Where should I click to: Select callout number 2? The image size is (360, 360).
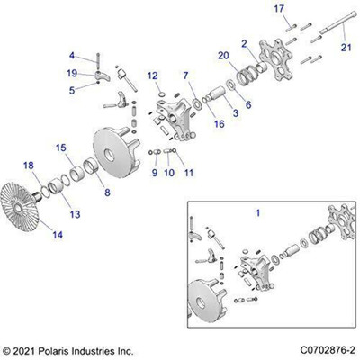pos(244,42)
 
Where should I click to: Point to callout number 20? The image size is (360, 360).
pos(221,56)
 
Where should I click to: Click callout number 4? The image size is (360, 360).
pos(97,55)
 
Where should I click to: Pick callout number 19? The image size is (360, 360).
pos(97,72)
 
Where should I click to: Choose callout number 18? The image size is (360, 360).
pos(29,165)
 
